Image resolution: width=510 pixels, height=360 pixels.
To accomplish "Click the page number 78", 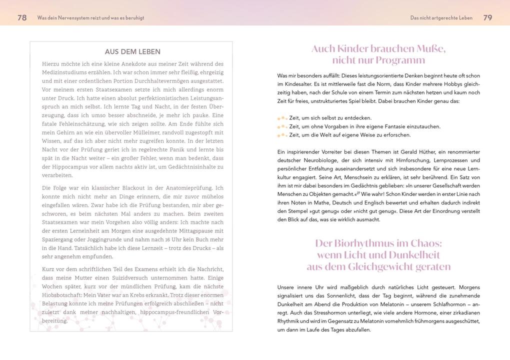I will (22, 17).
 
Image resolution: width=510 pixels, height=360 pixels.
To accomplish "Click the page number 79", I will (487, 17).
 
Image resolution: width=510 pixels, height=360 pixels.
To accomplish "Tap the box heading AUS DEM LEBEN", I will (132, 52).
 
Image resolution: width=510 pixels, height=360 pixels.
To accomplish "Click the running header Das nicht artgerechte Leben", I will (441, 18).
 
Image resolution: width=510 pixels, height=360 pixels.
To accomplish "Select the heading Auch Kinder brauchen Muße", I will (378, 49).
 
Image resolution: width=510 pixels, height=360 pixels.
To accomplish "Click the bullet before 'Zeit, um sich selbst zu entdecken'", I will (282, 118).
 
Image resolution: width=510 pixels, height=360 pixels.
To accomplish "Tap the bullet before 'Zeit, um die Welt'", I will (282, 135).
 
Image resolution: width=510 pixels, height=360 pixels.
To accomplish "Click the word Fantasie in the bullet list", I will (384, 126).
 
